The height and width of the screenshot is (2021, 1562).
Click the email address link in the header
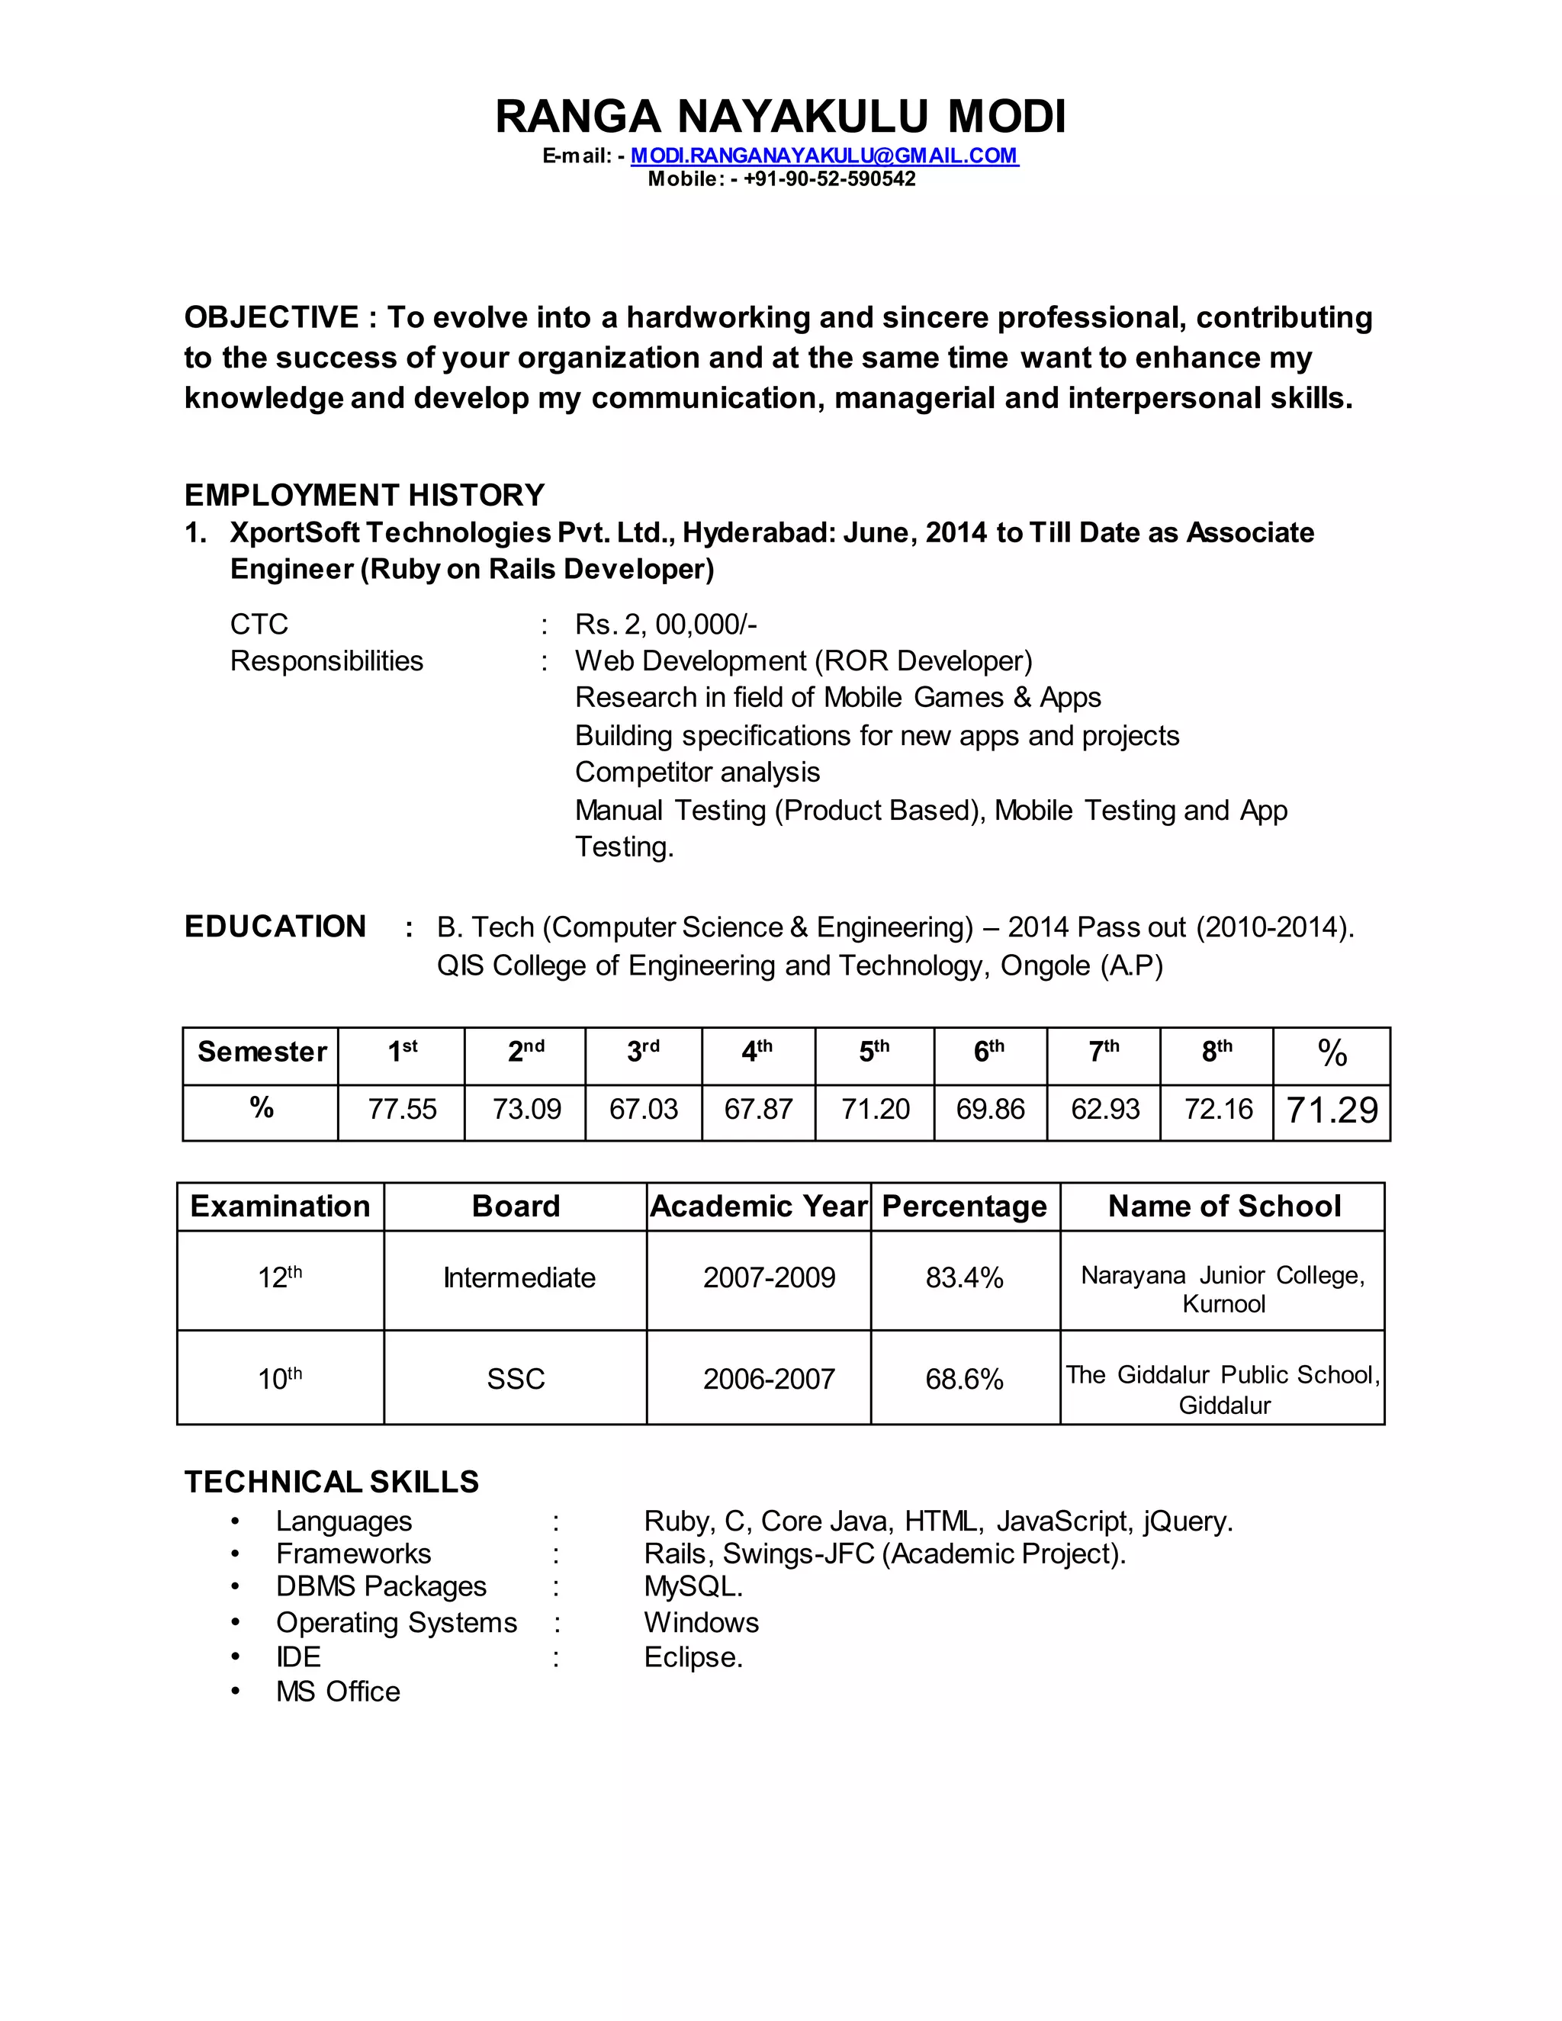[x=824, y=156]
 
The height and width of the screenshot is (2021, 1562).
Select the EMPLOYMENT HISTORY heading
[x=364, y=495]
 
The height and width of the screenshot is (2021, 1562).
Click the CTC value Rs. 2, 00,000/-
[x=665, y=625]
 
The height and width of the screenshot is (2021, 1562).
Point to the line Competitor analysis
[x=697, y=772]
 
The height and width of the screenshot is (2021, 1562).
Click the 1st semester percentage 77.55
[x=402, y=1109]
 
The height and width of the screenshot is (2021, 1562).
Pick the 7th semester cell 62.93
[x=1105, y=1109]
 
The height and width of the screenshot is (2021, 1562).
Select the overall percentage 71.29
[x=1332, y=1110]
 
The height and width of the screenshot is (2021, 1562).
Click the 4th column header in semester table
[x=757, y=1052]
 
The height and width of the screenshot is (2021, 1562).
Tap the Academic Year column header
[x=758, y=1206]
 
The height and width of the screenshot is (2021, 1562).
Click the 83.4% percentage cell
[x=964, y=1278]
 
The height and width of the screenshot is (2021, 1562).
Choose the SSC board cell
[x=516, y=1379]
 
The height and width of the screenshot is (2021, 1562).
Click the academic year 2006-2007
[x=768, y=1379]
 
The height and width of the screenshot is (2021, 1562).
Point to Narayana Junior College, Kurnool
[x=1223, y=1289]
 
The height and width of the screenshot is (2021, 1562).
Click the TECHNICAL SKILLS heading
[x=331, y=1482]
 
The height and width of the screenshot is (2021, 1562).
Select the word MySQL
[x=693, y=1586]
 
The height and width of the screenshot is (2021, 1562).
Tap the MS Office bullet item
[x=338, y=1692]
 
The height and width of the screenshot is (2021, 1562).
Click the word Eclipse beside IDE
[x=693, y=1656]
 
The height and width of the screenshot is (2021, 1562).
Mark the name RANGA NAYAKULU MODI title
[x=780, y=117]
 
